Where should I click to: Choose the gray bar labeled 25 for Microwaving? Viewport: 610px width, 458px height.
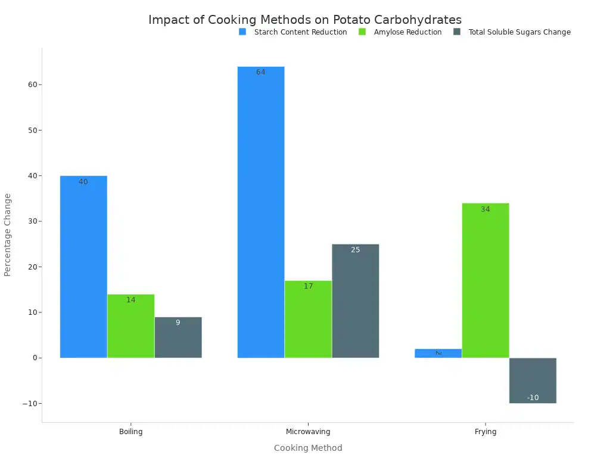click(x=356, y=301)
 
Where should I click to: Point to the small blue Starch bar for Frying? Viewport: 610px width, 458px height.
click(x=438, y=353)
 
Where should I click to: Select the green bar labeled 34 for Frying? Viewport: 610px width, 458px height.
click(x=485, y=280)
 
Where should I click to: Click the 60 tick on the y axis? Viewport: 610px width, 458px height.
click(x=32, y=85)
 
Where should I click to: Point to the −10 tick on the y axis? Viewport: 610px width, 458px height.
click(x=29, y=404)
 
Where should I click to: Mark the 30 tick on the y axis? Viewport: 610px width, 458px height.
click(x=32, y=221)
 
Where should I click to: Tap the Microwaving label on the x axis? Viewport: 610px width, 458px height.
click(x=308, y=432)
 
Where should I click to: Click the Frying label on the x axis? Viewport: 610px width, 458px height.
click(x=485, y=432)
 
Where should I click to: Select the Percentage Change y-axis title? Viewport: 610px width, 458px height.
click(x=8, y=234)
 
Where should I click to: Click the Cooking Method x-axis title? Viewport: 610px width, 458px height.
click(x=308, y=448)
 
